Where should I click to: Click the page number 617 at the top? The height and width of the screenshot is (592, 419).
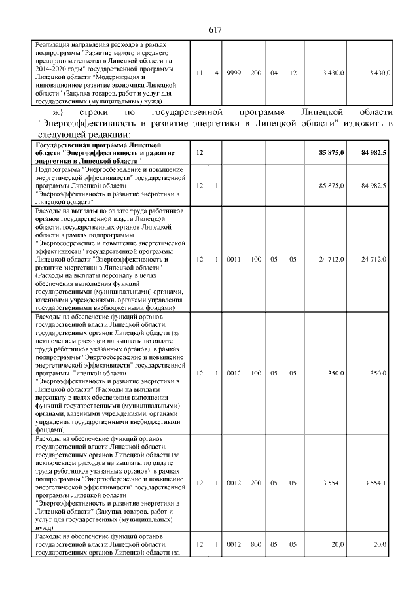pos(215,30)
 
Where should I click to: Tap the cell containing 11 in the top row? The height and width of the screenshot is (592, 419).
pos(199,73)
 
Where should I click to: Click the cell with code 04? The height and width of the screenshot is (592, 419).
pos(274,73)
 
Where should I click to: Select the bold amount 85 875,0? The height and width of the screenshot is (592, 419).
pos(331,152)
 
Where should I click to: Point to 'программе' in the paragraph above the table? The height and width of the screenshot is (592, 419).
pos(258,114)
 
